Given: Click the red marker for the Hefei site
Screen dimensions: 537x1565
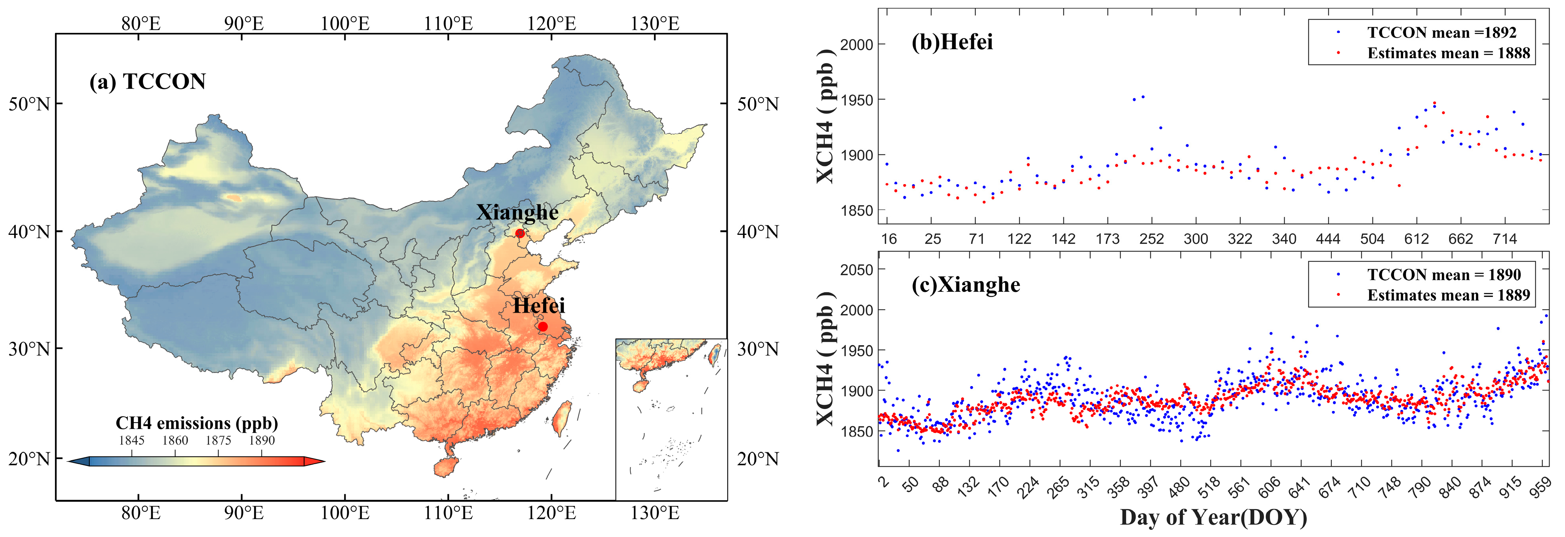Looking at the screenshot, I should [x=542, y=327].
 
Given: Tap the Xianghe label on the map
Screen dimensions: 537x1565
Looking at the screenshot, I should [x=517, y=212].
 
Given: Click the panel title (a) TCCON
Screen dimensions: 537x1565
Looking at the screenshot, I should [x=148, y=82].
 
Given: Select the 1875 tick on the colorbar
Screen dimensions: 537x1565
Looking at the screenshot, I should [x=218, y=440].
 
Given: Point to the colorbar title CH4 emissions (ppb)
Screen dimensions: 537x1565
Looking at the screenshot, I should [x=196, y=423].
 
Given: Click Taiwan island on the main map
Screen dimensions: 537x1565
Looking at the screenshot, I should [x=563, y=417].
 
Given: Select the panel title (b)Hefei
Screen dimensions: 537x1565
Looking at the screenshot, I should [x=952, y=42].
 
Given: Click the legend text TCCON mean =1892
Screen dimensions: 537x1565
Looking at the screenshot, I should [x=1441, y=32].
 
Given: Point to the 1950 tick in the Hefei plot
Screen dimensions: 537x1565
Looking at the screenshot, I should [x=857, y=100].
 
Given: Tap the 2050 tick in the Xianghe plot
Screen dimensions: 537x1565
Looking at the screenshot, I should [x=857, y=270].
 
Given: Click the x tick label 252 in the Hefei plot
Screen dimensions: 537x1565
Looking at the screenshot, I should [x=1151, y=239].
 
